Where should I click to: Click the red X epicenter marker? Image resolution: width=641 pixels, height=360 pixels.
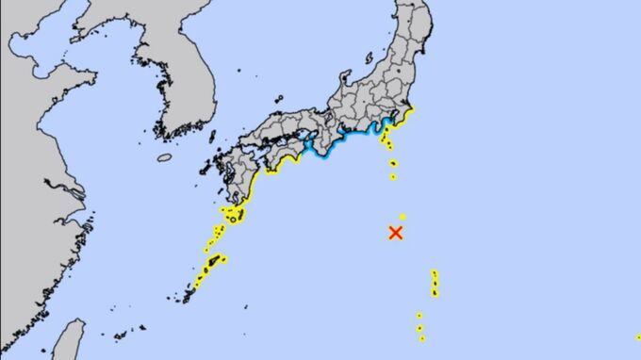coord(396,232)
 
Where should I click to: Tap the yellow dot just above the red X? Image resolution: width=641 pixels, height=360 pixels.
coord(403,217)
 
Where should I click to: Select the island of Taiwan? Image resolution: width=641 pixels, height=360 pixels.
coord(68,341)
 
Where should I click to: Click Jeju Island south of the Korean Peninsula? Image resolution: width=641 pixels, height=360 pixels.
coord(165,157)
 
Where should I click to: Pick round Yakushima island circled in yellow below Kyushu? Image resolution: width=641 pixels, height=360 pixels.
coord(232,219)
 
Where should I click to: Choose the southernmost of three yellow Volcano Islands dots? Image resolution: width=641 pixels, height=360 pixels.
coord(422,337)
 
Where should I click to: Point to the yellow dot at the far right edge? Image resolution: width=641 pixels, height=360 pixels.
coord(638,336)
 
